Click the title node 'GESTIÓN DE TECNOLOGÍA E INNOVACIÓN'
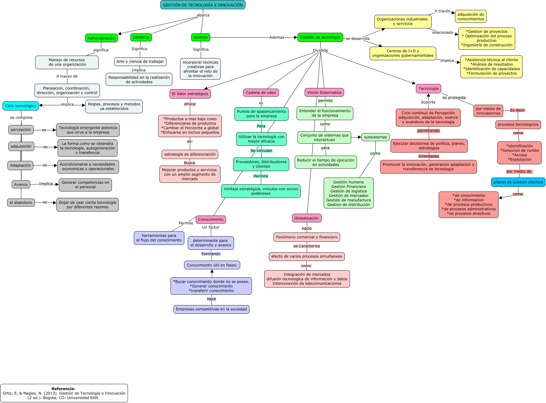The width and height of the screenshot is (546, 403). tap(203, 5)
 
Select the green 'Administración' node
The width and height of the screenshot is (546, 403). tap(101, 38)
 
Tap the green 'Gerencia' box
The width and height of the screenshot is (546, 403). tap(141, 37)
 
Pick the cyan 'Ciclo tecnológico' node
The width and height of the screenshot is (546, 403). tap(21, 106)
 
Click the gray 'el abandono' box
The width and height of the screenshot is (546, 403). tap(21, 203)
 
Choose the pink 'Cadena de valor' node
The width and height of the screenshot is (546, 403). tap(261, 93)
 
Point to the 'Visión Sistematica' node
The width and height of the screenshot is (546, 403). tap(324, 92)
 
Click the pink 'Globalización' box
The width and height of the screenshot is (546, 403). tap(306, 218)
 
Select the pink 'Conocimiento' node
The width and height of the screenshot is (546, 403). tap(211, 220)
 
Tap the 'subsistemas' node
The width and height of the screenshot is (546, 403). tap(375, 137)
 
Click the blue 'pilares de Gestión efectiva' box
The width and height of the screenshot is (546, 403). tap(518, 182)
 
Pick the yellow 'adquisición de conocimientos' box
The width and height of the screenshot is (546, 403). tap(470, 17)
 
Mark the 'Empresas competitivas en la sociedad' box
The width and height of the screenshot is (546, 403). tap(211, 309)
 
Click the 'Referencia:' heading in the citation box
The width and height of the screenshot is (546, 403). tap(63, 389)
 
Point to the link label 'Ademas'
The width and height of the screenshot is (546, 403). tap(277, 37)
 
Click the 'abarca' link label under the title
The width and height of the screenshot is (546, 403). tap(203, 15)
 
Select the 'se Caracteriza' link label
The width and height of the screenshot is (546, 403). tap(306, 246)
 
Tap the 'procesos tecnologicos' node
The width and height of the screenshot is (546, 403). tap(518, 125)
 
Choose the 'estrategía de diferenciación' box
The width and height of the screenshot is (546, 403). tap(190, 154)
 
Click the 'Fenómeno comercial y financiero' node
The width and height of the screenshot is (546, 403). tap(307, 237)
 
